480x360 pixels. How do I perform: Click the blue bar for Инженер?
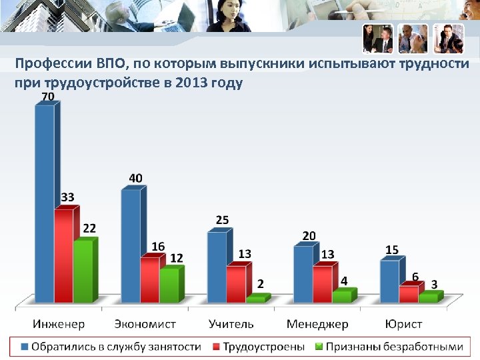point(44,203)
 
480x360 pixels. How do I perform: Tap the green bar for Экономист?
point(169,285)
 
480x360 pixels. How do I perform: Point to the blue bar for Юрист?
point(389,281)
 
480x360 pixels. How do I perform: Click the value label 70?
point(48,97)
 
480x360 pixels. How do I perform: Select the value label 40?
point(135,178)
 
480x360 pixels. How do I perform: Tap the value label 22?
point(89,228)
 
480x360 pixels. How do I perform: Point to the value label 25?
point(223,220)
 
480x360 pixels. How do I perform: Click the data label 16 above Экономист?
point(158,246)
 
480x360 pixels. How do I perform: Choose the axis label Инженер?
point(59,324)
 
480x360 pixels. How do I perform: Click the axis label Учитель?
point(231,324)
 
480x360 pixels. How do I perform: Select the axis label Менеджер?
point(317,324)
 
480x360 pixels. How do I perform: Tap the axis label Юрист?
point(403,324)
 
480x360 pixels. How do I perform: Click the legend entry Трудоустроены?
point(263,347)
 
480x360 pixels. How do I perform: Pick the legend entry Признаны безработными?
point(394,347)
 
